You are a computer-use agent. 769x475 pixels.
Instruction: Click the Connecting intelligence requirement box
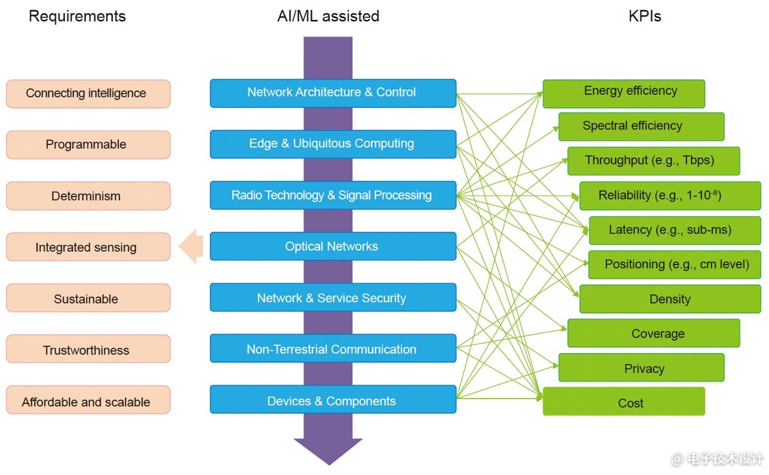click(x=88, y=93)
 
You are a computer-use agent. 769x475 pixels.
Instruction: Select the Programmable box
click(x=88, y=144)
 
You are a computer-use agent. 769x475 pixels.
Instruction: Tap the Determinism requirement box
click(x=88, y=196)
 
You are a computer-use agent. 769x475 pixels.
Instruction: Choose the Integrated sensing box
click(x=88, y=247)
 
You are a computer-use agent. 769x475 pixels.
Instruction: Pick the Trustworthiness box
click(x=88, y=350)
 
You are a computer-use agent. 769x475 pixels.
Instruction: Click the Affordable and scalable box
click(x=88, y=402)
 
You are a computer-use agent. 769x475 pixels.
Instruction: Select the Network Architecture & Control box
click(x=332, y=93)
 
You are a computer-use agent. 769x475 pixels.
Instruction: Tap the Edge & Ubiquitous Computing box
click(x=332, y=144)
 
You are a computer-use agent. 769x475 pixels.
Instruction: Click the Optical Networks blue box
click(x=332, y=246)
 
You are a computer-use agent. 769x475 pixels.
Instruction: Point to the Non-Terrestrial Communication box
click(x=332, y=349)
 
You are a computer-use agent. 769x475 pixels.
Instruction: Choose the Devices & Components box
click(x=332, y=401)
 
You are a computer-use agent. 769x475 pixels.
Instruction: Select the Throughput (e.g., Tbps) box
click(x=653, y=161)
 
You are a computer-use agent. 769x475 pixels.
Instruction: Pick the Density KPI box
click(x=670, y=299)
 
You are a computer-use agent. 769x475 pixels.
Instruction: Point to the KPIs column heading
click(x=645, y=16)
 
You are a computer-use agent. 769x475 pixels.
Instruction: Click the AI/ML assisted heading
click(x=328, y=16)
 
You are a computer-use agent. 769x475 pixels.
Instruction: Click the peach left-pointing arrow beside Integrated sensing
click(x=192, y=247)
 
